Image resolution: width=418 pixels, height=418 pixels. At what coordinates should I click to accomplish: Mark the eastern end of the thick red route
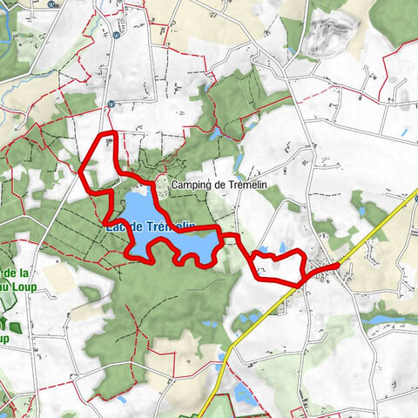click(338, 264)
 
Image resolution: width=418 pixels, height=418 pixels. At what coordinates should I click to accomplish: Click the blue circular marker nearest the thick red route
click(111, 104)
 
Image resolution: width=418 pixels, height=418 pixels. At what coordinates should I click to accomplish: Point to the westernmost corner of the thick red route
click(81, 171)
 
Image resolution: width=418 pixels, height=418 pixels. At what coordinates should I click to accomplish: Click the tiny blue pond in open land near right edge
click(402, 131)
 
